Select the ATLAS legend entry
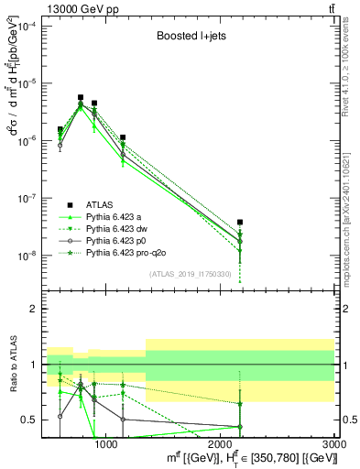point(100,204)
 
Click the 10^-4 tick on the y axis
point(27,26)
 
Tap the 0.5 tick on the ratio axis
point(30,420)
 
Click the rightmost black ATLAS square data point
point(240,222)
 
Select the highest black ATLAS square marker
point(81,97)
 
